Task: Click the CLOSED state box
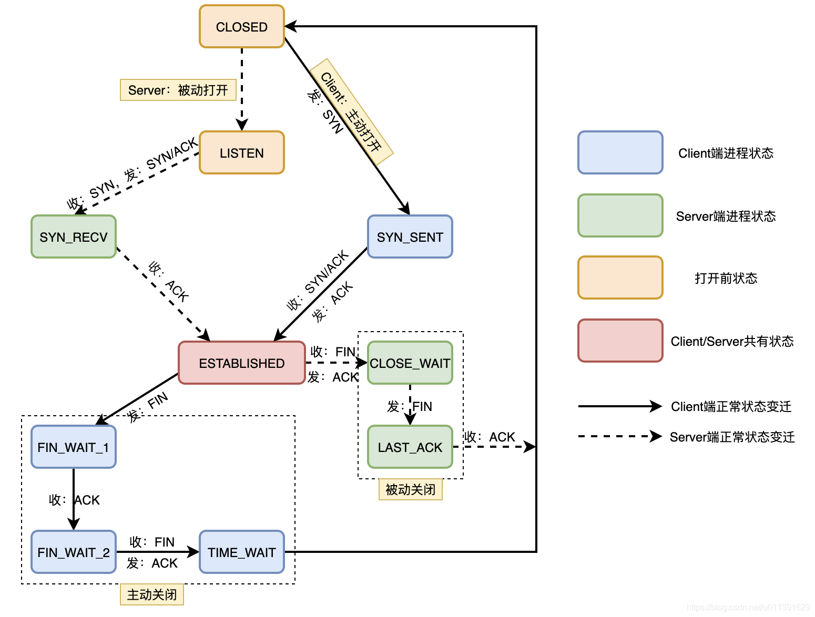tap(242, 27)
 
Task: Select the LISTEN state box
tap(242, 153)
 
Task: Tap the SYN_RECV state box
tap(74, 237)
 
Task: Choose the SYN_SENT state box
tap(410, 237)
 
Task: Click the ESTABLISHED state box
tap(242, 363)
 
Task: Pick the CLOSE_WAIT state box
tap(410, 363)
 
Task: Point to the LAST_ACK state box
tap(410, 447)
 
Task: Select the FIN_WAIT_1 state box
tap(74, 447)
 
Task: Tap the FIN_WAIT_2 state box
tap(74, 552)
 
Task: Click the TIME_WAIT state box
tap(242, 552)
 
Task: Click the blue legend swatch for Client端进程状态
tap(620, 153)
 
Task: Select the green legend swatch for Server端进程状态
tap(620, 216)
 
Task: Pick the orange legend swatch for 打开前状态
tap(620, 278)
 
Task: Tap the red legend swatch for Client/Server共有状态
tap(620, 341)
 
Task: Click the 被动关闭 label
tap(411, 490)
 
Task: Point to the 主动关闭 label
tap(152, 595)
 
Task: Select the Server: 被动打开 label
tap(178, 90)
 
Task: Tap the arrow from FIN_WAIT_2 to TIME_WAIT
tap(158, 552)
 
